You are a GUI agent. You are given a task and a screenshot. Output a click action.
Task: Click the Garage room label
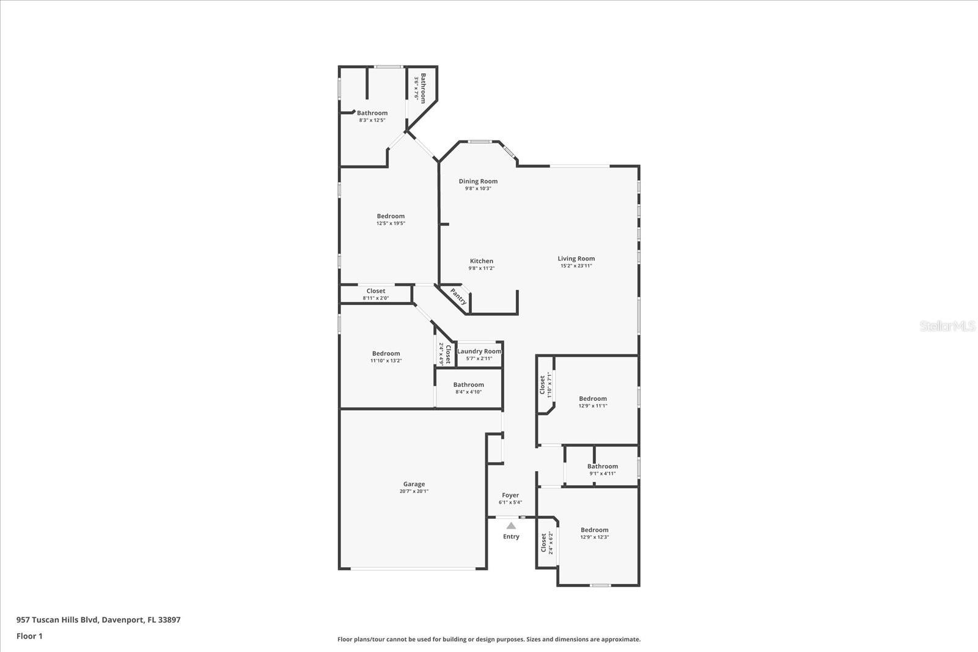tap(414, 484)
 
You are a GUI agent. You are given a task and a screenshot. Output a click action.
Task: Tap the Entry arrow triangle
tap(511, 526)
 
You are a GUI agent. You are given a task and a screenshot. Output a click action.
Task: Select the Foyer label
tap(510, 495)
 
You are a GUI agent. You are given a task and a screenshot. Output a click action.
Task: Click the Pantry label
tap(459, 297)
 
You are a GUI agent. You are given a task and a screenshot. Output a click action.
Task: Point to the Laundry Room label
tap(479, 351)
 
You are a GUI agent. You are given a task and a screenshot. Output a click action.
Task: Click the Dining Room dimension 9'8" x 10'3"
tap(478, 189)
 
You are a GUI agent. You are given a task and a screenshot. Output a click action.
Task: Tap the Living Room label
tap(576, 258)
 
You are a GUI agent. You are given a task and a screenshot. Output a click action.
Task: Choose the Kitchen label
tap(481, 261)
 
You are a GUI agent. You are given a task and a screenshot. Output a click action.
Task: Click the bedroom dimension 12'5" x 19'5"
tap(391, 224)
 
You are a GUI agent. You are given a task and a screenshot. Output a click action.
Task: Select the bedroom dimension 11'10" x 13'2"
tap(386, 361)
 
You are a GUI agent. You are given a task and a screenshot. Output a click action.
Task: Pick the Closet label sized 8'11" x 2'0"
tap(376, 291)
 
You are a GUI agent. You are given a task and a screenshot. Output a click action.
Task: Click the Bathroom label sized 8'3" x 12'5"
tap(372, 113)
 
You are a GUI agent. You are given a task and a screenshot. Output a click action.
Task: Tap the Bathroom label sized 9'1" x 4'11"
tap(602, 466)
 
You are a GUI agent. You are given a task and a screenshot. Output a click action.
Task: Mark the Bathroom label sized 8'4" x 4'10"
tap(468, 385)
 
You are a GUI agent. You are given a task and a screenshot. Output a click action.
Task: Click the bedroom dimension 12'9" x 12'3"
tap(594, 537)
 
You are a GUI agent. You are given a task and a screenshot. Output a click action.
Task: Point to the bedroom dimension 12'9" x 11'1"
tap(593, 406)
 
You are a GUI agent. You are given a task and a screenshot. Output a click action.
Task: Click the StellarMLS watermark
tap(947, 326)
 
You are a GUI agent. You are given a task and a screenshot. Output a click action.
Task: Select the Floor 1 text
tap(29, 636)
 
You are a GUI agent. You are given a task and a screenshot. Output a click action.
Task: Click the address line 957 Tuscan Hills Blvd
tap(98, 620)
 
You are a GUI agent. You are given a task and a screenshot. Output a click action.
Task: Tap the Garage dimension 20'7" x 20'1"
tap(414, 491)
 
